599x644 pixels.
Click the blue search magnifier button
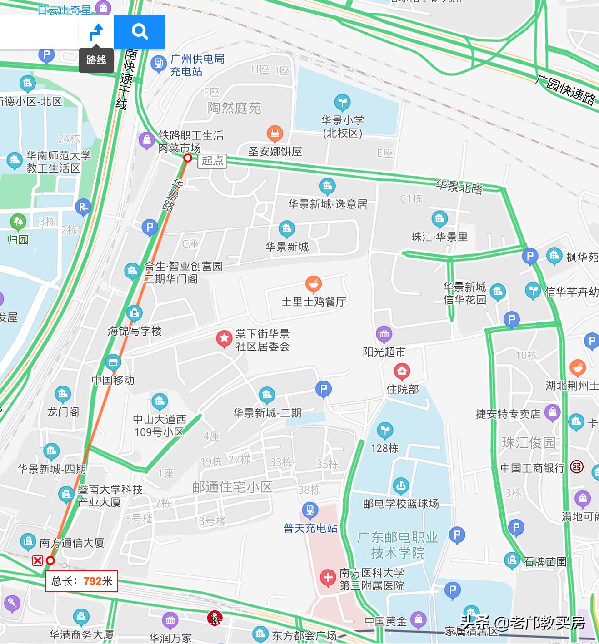pos(140,31)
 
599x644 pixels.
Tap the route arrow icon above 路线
pos(96,32)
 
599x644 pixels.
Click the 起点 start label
pos(213,160)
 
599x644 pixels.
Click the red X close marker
pos(38,560)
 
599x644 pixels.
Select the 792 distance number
pos(92,581)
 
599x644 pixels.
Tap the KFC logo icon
pos(215,618)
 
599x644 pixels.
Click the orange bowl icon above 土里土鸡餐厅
pos(313,284)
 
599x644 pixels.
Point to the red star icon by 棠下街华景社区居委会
pos(224,338)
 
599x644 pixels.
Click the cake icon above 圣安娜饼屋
pos(275,134)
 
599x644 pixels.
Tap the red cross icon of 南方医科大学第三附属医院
pos(328,578)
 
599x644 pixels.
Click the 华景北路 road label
pos(459,187)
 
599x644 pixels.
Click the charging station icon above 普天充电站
pos(310,510)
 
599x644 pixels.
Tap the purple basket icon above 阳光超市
pos(384,334)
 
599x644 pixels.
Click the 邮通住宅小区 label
pos(232,487)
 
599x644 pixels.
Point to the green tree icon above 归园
pos(18,222)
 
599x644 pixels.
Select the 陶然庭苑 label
pos(235,108)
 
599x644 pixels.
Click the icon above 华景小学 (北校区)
pos(342,102)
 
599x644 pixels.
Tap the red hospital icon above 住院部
pos(402,372)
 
